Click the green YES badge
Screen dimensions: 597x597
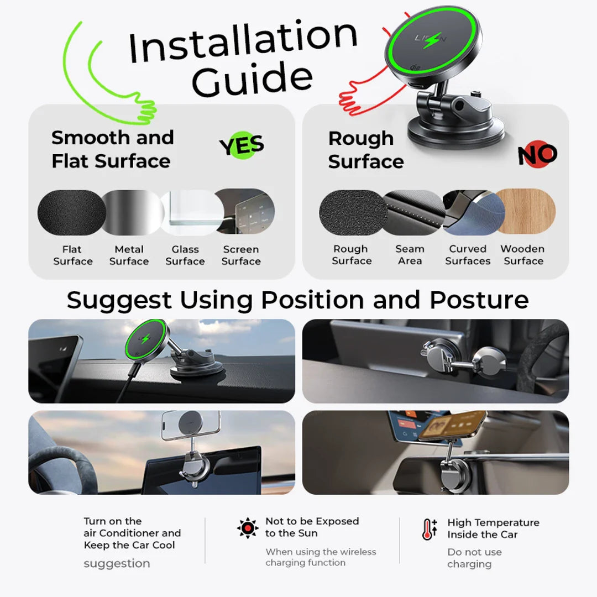[x=242, y=145]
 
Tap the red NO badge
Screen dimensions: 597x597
[x=537, y=154]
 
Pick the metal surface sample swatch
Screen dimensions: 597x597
[x=132, y=212]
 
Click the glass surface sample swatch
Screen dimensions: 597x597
[x=192, y=212]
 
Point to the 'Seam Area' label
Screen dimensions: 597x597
[x=410, y=255]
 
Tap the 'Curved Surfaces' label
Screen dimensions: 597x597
[x=468, y=255]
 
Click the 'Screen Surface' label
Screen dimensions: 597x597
[x=241, y=255]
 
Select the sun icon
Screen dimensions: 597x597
[x=248, y=528]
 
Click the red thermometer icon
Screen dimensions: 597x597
[x=430, y=529]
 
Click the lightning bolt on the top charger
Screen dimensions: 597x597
[x=432, y=40]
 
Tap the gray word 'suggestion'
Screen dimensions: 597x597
[x=117, y=563]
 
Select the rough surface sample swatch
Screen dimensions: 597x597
[x=353, y=212]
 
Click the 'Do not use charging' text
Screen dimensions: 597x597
[x=474, y=558]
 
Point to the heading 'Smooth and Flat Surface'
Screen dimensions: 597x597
[x=112, y=149]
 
